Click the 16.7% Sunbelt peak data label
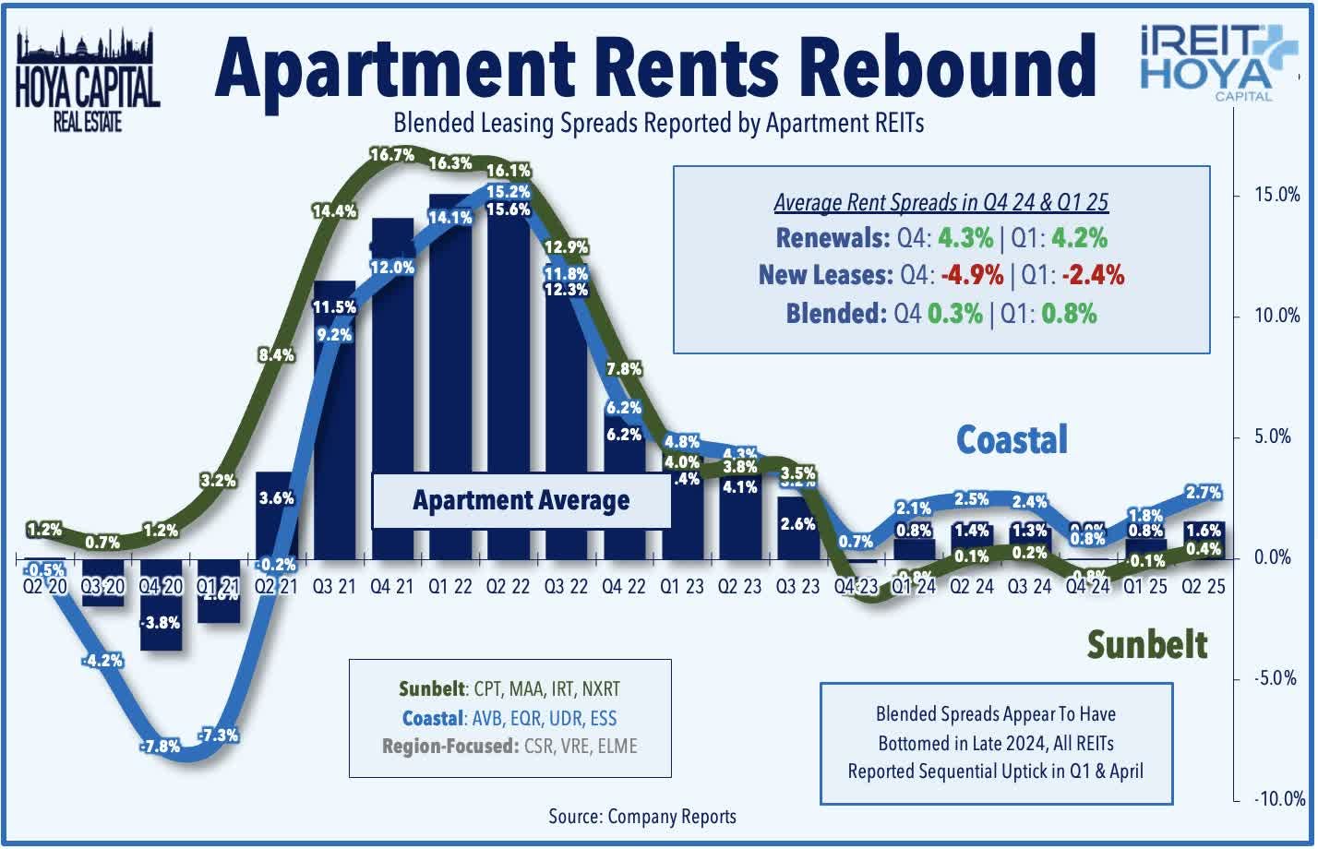coord(392,155)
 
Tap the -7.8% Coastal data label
coord(160,746)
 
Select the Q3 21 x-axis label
coord(333,587)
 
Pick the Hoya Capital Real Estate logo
coord(88,81)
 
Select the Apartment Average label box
coord(521,501)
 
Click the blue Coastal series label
coord(1012,440)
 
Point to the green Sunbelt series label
coord(1146,644)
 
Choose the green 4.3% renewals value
coord(965,238)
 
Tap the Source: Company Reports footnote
coord(642,817)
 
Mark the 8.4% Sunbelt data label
coord(277,354)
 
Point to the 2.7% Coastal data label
coord(1203,493)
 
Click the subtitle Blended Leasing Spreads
coord(659,123)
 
